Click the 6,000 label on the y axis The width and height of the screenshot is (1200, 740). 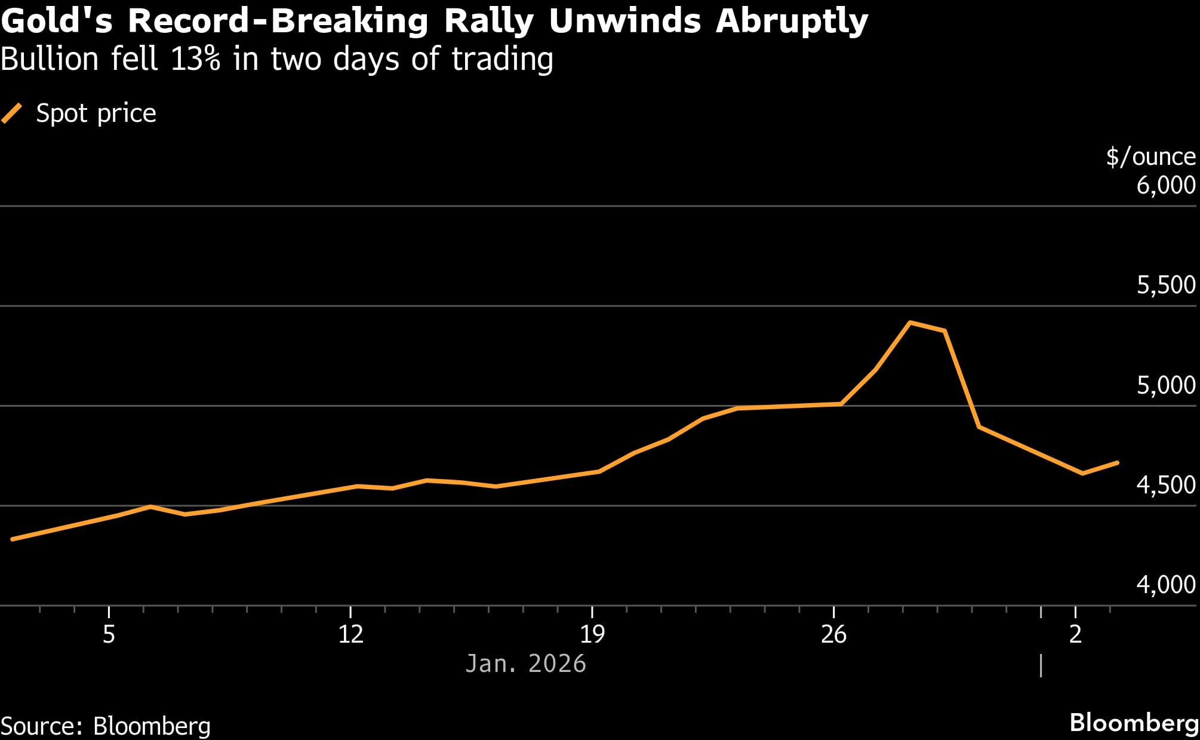[x=1166, y=185]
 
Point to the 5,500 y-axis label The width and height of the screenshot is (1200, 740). [x=1166, y=285]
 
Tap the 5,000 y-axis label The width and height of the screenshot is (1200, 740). [x=1166, y=386]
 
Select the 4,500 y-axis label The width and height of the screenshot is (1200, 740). [x=1166, y=485]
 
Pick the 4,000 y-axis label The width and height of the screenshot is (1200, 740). [x=1166, y=585]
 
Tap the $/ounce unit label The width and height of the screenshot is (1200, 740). [x=1150, y=157]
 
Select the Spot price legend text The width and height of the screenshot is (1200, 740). [x=96, y=113]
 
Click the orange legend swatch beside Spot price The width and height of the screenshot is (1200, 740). [x=12, y=113]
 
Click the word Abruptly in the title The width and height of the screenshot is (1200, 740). [x=792, y=22]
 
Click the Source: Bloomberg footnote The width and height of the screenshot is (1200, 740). [x=106, y=726]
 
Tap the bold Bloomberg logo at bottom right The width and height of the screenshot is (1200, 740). [x=1134, y=723]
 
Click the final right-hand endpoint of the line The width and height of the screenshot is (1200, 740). [x=1117, y=462]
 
